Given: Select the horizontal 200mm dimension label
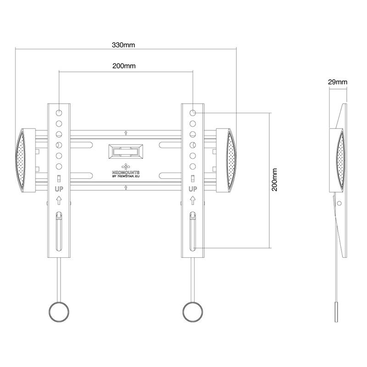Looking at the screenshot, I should tap(124, 66).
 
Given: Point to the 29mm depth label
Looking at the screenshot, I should tap(338, 82).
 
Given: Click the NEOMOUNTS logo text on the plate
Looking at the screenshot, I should tap(126, 169).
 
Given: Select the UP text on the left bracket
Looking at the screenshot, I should tap(59, 189).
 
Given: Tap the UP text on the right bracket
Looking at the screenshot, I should tap(193, 189).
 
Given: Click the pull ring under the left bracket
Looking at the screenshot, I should tap(59, 312).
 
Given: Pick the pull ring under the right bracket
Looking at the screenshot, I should tap(193, 312).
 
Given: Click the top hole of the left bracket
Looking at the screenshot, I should tap(59, 112).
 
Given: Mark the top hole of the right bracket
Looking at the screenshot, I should tap(193, 112).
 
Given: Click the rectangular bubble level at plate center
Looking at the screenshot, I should tap(126, 151).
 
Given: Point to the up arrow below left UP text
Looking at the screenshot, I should tap(59, 200).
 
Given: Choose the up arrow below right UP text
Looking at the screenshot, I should tap(193, 200).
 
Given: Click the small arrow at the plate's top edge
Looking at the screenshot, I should tap(126, 133).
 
